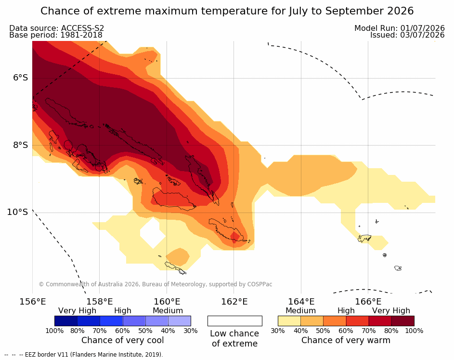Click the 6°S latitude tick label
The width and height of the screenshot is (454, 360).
click(x=21, y=78)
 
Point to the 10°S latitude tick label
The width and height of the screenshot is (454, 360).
click(x=18, y=212)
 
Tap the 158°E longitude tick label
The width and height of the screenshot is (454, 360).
click(x=99, y=302)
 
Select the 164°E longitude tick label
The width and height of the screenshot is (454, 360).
click(x=301, y=302)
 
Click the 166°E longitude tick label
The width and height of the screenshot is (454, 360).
click(x=368, y=302)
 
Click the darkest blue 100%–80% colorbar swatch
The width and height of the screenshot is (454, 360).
click(x=66, y=321)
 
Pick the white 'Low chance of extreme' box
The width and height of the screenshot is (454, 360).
click(x=235, y=321)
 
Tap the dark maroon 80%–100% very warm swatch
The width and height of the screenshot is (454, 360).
click(x=403, y=321)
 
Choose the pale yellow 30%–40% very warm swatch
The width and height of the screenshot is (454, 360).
click(x=289, y=321)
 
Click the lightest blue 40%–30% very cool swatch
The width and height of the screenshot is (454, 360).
click(x=180, y=321)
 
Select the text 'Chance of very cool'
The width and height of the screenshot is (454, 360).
click(x=122, y=340)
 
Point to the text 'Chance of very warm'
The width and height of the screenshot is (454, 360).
click(x=346, y=340)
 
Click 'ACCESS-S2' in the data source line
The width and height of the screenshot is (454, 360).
click(x=82, y=28)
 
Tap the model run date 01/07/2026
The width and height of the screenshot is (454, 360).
click(x=422, y=28)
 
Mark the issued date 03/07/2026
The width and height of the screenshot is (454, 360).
click(x=422, y=35)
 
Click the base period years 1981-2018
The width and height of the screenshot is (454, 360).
click(x=81, y=35)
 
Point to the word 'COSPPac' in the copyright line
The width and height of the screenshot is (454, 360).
click(x=259, y=284)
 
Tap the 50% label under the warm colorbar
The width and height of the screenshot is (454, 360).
click(x=323, y=331)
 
